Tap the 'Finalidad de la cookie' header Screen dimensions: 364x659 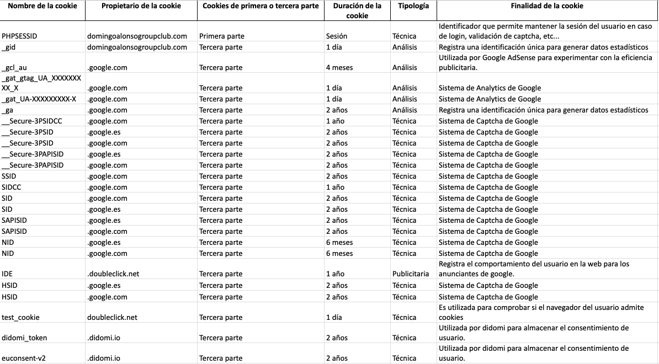[x=547, y=6]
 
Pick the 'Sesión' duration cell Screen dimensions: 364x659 [x=337, y=36]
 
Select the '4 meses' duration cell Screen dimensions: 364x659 [x=339, y=68]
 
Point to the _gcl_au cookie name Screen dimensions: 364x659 [x=14, y=68]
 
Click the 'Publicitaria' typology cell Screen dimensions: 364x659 [x=411, y=274]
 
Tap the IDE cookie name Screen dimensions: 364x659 [x=7, y=274]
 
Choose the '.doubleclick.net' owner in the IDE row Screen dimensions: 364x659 [x=113, y=274]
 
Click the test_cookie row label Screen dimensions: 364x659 [x=20, y=318]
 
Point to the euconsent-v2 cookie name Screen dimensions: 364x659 [x=23, y=358]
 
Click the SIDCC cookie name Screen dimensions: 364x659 [x=12, y=188]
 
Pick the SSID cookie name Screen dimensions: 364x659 [x=9, y=176]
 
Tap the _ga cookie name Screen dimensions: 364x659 [x=7, y=110]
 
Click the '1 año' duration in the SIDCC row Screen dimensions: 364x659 [x=335, y=188]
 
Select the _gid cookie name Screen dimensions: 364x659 [x=9, y=47]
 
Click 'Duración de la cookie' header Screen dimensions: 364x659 [x=357, y=10]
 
